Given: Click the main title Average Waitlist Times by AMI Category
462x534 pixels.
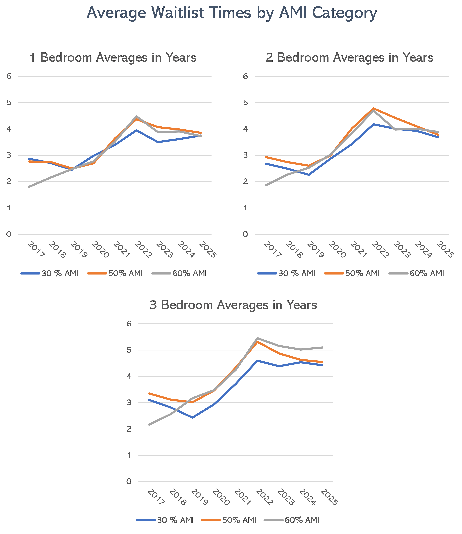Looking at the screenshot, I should [231, 13].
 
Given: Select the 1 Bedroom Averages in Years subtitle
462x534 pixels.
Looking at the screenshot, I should [113, 57].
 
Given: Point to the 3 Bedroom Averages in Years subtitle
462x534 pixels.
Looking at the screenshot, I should [233, 305].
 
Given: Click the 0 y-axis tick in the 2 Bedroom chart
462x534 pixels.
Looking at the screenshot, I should [245, 234].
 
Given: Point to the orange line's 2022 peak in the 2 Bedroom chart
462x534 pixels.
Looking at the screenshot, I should [373, 108].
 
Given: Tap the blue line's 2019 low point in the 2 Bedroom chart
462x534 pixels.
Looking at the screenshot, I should [309, 175].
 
